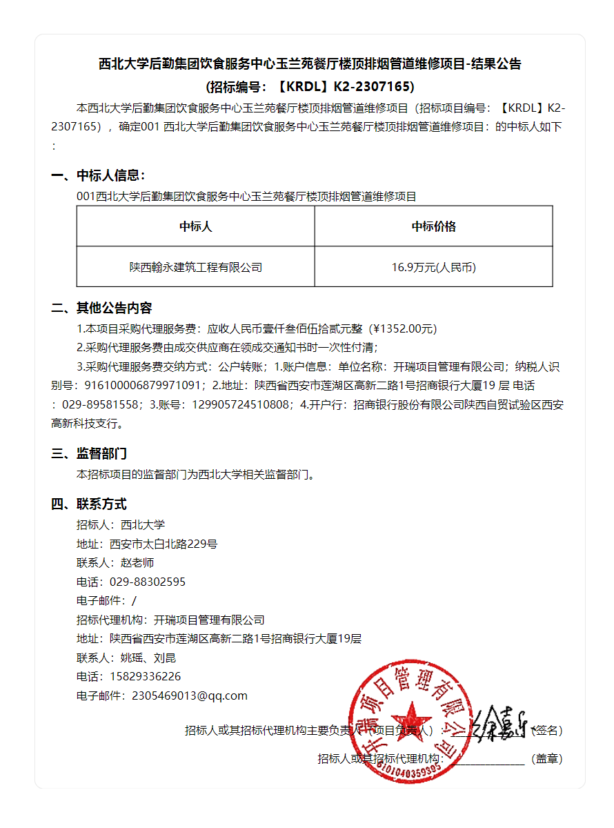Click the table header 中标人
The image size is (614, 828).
click(x=195, y=226)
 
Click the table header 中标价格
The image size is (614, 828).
click(x=433, y=226)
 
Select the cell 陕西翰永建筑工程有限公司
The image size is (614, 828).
click(x=195, y=267)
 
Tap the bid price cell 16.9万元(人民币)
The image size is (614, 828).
click(x=433, y=267)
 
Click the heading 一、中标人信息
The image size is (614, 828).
click(x=98, y=175)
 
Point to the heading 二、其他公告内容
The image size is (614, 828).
click(x=101, y=308)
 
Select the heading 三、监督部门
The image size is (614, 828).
click(x=89, y=453)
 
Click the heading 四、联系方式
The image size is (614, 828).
click(x=89, y=504)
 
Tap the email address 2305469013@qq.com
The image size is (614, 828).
click(x=189, y=696)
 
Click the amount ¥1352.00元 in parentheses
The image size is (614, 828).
click(x=404, y=328)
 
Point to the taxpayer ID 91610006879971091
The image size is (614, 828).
click(x=144, y=385)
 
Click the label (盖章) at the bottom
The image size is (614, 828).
click(x=546, y=758)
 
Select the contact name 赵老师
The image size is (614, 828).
click(x=137, y=562)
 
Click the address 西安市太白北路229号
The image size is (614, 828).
click(x=164, y=544)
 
